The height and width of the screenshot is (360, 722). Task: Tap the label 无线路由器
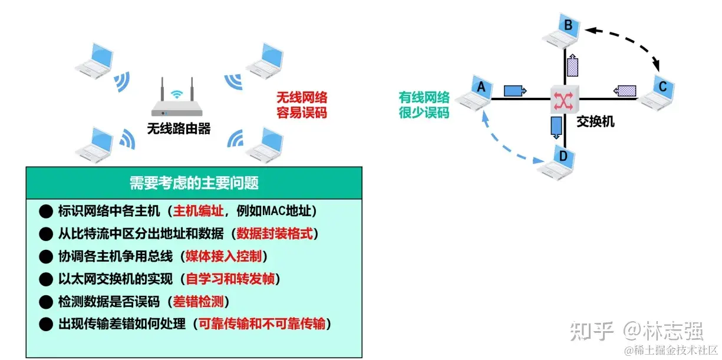tap(179, 128)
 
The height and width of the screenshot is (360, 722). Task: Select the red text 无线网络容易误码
tap(301, 104)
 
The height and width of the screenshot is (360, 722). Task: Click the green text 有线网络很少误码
tap(424, 104)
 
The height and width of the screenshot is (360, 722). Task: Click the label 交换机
tap(595, 121)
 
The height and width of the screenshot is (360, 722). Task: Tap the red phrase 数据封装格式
tap(275, 233)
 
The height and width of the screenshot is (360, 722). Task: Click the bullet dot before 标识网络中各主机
tap(45, 210)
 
